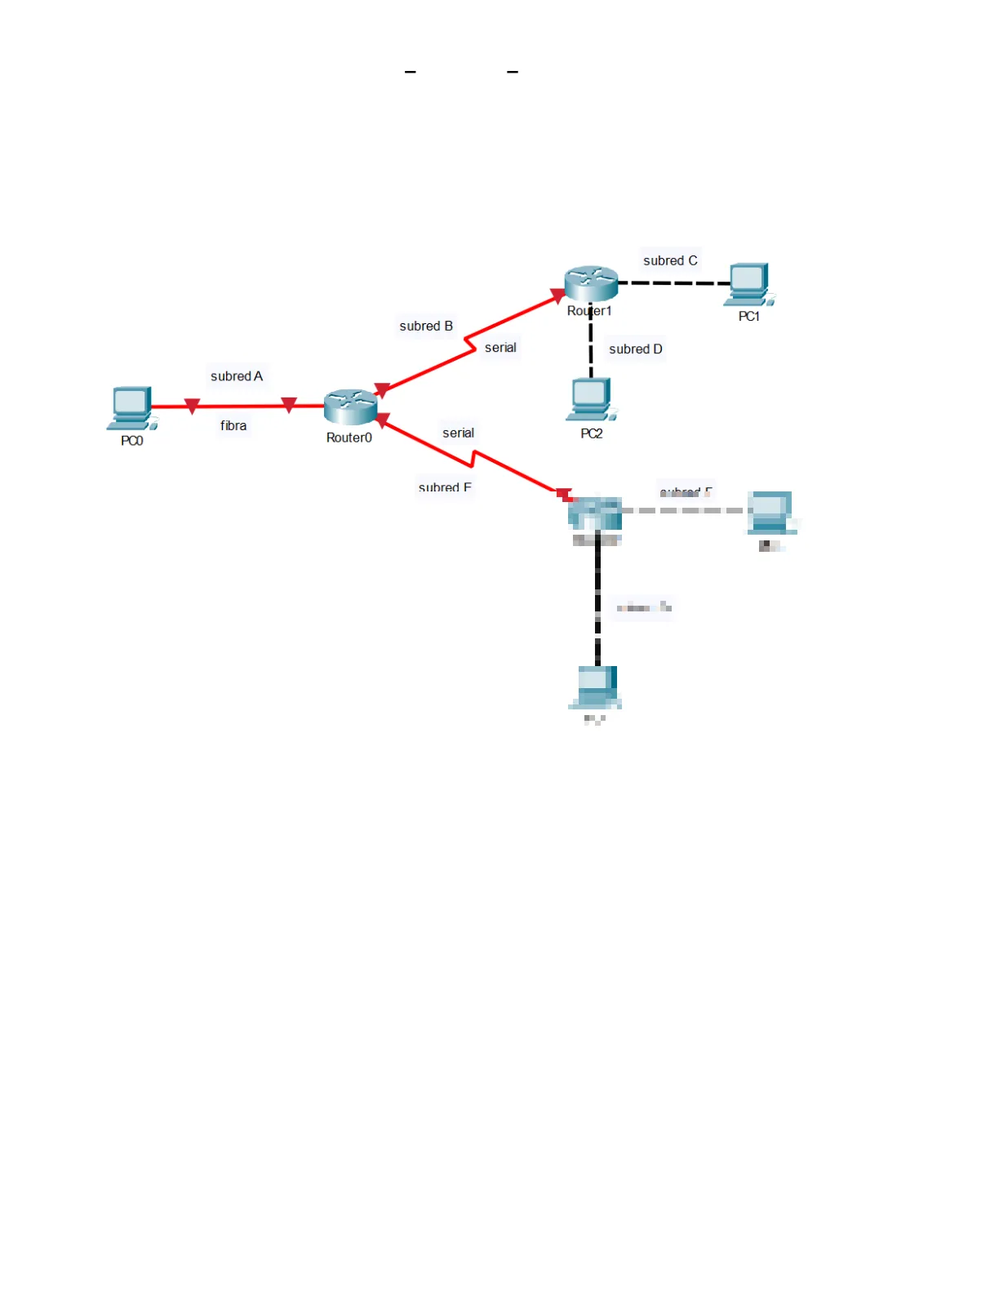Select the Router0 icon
point(350,407)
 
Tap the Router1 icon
point(591,283)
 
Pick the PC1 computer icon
point(748,284)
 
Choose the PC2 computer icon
point(591,399)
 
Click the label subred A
point(237,376)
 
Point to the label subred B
point(426,327)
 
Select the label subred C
point(670,261)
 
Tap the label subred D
point(636,349)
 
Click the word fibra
point(233,426)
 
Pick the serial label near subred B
point(500,348)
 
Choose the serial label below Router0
point(458,433)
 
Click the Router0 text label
point(349,438)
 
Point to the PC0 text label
point(132,441)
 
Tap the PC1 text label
point(749,317)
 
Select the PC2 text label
point(592,434)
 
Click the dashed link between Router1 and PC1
point(673,283)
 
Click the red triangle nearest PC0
point(193,406)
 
